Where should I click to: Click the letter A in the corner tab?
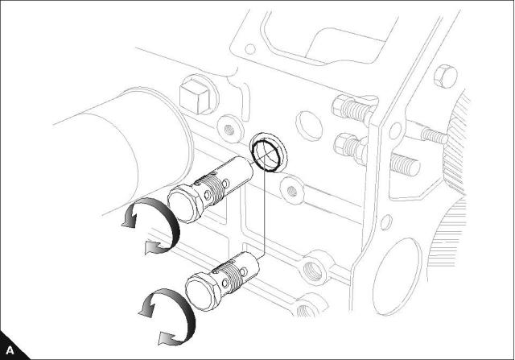(x=10, y=350)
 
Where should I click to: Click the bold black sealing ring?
(x=266, y=155)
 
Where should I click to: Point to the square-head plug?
(x=195, y=97)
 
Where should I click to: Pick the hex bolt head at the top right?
(x=446, y=77)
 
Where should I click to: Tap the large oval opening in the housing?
(x=397, y=276)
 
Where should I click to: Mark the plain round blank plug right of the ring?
(x=309, y=126)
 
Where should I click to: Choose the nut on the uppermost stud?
(x=341, y=106)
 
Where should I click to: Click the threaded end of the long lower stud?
(x=406, y=164)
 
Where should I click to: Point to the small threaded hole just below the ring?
(x=291, y=191)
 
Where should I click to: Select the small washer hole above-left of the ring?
(x=229, y=129)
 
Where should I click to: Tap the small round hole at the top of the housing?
(x=250, y=49)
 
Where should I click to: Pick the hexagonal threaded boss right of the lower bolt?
(x=314, y=268)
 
